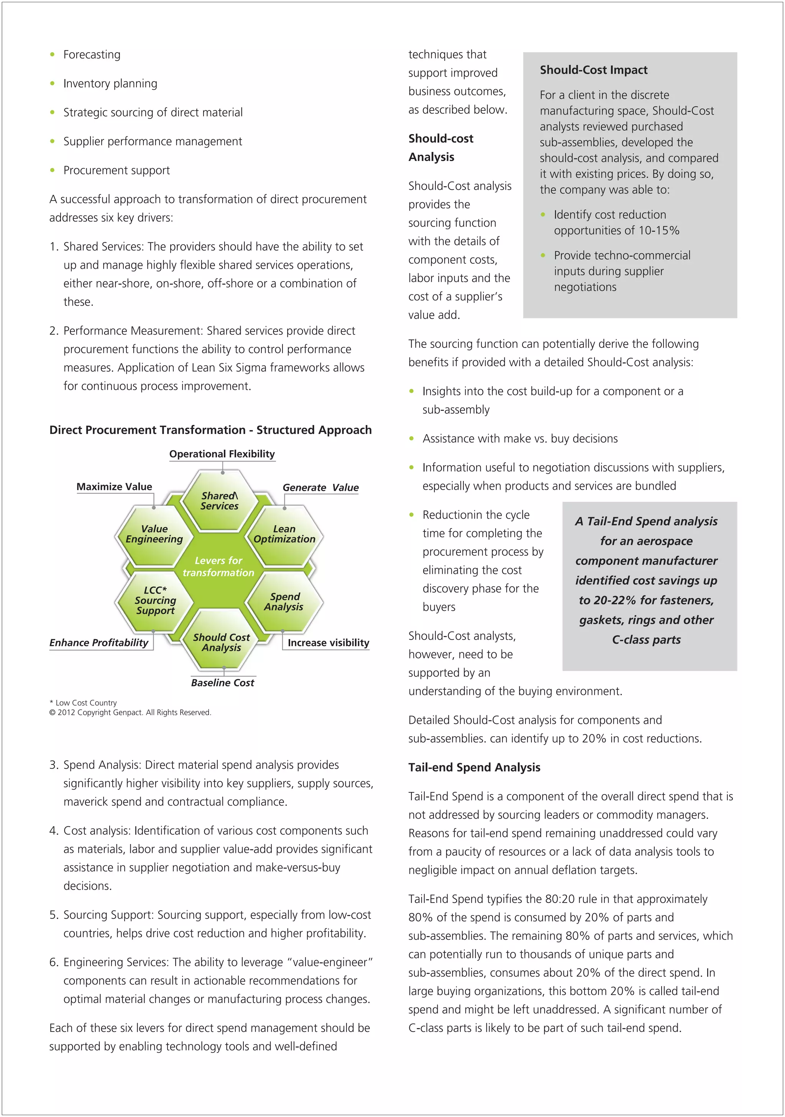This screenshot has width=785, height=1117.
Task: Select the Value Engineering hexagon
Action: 154,534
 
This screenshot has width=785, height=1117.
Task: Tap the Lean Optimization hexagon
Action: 284,534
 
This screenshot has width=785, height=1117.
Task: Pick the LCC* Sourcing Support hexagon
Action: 155,600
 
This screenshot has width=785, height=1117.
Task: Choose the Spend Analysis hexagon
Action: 284,602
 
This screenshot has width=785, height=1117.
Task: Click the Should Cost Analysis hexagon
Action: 221,642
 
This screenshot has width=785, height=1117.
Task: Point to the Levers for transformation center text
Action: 218,567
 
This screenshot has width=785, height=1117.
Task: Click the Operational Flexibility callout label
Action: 222,454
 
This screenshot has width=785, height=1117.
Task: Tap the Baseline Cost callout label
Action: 222,683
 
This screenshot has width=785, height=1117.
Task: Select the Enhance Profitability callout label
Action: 99,643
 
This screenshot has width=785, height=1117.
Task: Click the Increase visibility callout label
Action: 328,643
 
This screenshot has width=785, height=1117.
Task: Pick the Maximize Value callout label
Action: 114,487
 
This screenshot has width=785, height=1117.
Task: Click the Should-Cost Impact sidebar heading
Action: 593,70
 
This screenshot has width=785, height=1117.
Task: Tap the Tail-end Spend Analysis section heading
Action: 474,767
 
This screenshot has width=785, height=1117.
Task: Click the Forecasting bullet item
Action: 92,54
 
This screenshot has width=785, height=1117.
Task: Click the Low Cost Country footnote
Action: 84,702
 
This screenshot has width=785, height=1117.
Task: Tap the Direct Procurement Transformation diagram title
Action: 210,430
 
